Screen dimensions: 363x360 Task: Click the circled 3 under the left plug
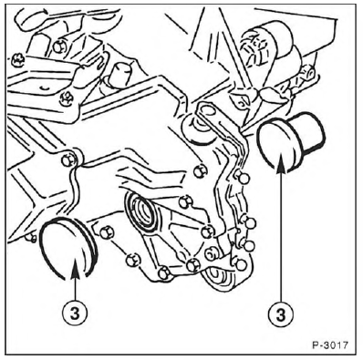click(75, 314)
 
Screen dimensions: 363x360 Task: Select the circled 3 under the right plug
click(281, 314)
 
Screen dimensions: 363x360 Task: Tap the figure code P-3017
click(330, 345)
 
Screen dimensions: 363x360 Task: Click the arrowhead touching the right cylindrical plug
click(282, 165)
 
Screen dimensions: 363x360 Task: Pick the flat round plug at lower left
click(69, 249)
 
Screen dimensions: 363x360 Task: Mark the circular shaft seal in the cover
click(141, 211)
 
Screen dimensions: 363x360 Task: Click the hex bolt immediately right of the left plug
click(107, 232)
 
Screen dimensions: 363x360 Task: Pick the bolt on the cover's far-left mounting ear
click(67, 159)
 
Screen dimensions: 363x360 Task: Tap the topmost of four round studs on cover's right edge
click(242, 177)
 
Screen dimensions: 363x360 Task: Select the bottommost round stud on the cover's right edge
click(240, 264)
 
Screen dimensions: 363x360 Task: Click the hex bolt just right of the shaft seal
click(184, 201)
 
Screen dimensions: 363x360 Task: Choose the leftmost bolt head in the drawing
click(17, 61)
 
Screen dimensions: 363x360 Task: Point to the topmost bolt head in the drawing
click(58, 46)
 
